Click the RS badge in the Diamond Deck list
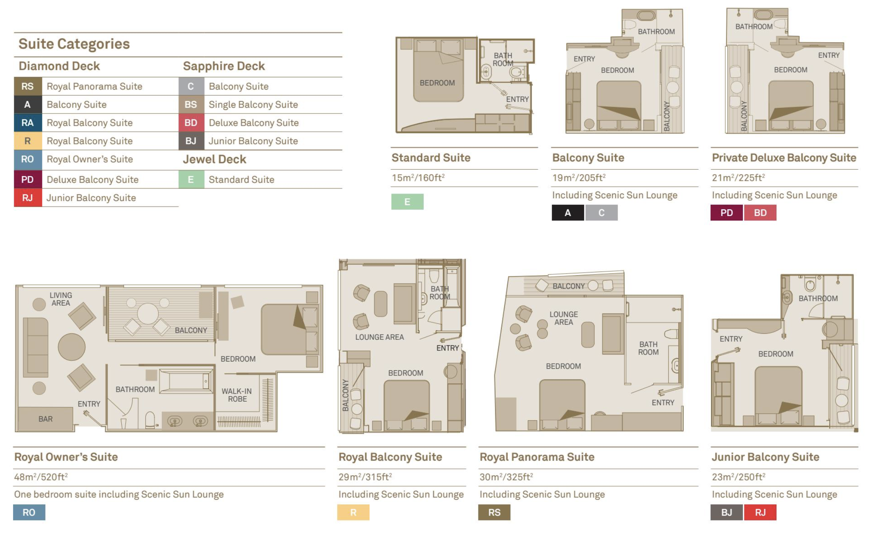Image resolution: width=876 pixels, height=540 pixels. click(28, 86)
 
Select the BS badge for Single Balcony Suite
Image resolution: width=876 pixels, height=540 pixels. click(191, 105)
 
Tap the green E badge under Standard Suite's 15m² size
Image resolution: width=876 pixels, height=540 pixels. click(407, 202)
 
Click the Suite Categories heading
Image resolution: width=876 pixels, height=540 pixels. click(74, 44)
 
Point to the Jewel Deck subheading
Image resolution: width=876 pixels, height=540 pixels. click(214, 159)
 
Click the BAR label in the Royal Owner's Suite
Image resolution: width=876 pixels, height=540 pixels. click(46, 419)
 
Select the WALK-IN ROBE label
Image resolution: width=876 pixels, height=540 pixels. click(237, 395)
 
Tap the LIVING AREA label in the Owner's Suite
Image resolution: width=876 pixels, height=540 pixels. click(61, 299)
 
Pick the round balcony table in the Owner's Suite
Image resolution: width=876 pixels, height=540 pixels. click(148, 314)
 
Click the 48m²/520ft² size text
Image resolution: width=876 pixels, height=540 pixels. click(41, 477)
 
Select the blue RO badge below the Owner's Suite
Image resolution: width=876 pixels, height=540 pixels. click(29, 512)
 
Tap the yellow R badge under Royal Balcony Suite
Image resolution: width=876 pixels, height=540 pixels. click(353, 512)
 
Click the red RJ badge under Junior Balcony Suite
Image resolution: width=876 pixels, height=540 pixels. click(760, 512)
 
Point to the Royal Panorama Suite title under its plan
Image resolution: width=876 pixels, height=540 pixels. click(537, 457)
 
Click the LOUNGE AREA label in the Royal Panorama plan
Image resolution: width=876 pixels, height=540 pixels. click(564, 318)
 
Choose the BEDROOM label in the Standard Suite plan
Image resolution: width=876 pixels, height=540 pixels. click(437, 83)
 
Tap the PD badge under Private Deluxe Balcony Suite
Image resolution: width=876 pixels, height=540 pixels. click(727, 213)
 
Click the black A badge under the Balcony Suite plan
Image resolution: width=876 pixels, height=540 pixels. click(568, 213)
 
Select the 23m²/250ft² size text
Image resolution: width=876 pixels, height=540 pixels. click(738, 477)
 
